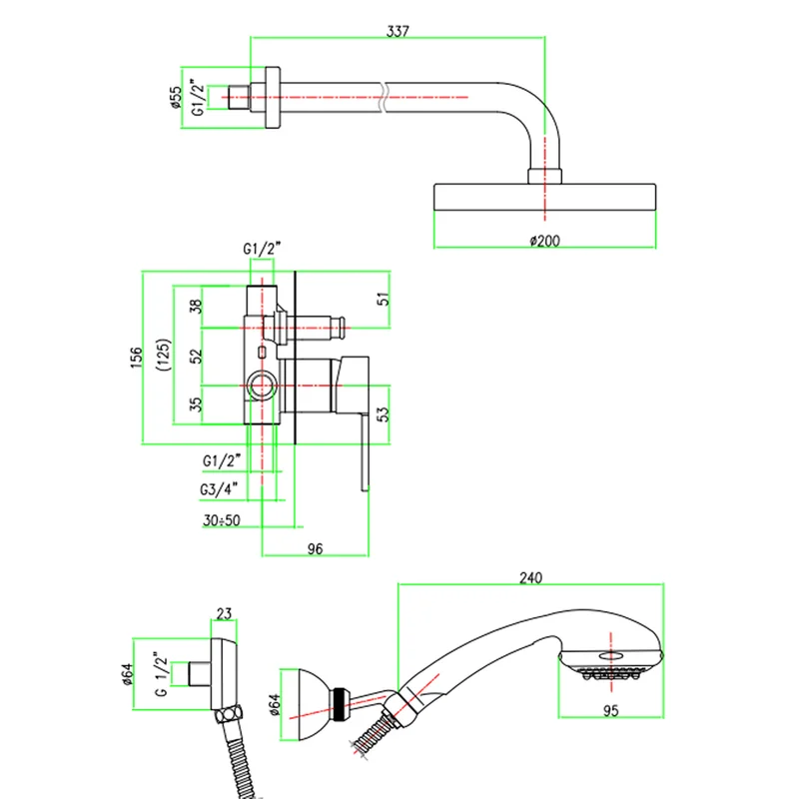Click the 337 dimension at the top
(x=398, y=31)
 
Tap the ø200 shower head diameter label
(x=544, y=241)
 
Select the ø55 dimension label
(x=176, y=97)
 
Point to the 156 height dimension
(x=136, y=357)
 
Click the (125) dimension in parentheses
(x=164, y=355)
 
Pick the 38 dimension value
(x=196, y=307)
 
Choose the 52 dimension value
(x=196, y=356)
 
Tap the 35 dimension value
(x=196, y=404)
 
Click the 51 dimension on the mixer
(x=384, y=299)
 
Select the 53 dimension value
(x=384, y=413)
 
